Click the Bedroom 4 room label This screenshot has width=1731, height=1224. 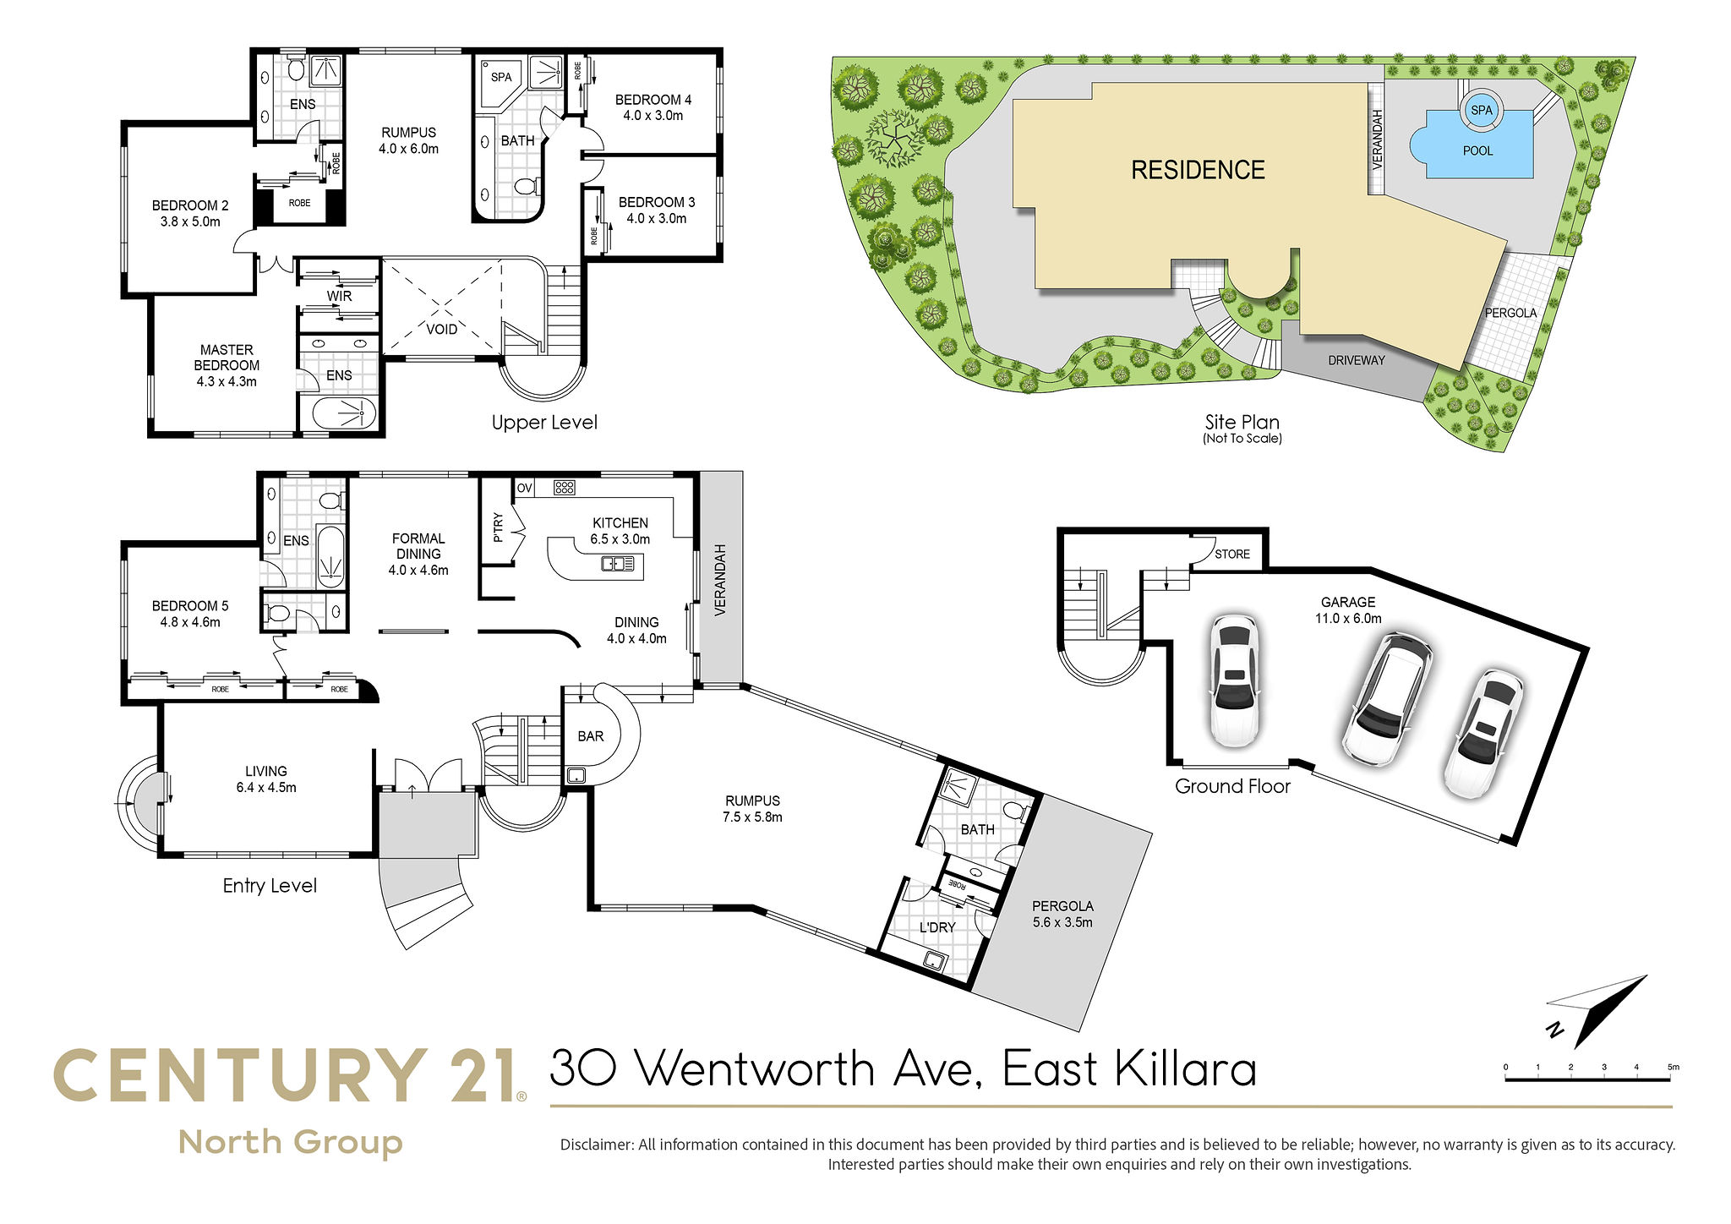[x=653, y=100]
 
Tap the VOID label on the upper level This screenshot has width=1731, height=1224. [x=441, y=329]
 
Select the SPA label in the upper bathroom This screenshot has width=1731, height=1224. [x=501, y=77]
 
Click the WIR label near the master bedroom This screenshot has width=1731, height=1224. [x=339, y=296]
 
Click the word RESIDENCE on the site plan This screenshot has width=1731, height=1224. [x=1198, y=170]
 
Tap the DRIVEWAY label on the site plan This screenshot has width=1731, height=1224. [x=1356, y=360]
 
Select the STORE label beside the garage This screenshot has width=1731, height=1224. [x=1231, y=554]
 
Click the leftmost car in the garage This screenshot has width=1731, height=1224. [x=1234, y=681]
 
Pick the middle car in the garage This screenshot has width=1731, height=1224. [x=1387, y=698]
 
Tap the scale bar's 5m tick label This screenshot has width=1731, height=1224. [x=1673, y=1067]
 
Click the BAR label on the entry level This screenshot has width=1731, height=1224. [x=590, y=736]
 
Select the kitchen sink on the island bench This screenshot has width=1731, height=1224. [x=617, y=563]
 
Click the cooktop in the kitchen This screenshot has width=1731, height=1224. [x=565, y=487]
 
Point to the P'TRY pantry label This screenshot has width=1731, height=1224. [x=498, y=527]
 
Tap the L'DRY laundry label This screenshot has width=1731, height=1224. [x=937, y=927]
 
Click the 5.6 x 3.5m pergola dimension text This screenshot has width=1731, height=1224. [x=1062, y=922]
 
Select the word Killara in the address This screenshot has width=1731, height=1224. [x=1185, y=1068]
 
